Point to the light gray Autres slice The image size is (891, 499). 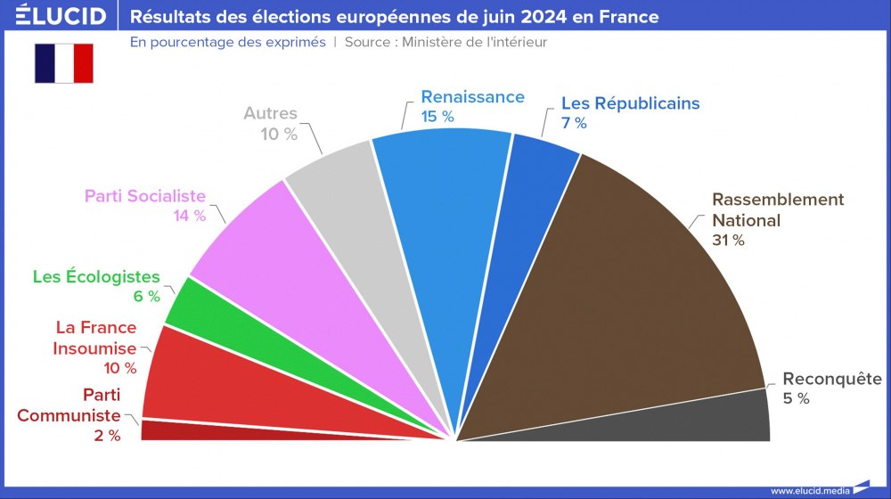[356, 232]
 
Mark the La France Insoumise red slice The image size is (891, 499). [214, 374]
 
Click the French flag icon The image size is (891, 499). [63, 62]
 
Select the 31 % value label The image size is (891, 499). [728, 240]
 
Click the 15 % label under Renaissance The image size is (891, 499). [437, 117]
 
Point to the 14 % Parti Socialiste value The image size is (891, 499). [188, 216]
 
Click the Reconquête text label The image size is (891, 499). [831, 379]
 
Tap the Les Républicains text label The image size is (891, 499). [630, 103]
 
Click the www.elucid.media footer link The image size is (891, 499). [809, 490]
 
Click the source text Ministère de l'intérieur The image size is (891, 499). [474, 42]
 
